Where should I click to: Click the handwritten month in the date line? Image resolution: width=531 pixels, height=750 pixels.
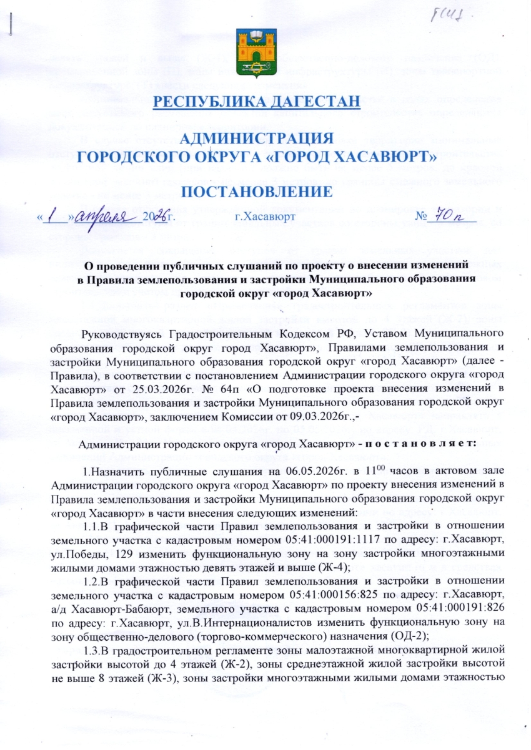(x=113, y=217)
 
